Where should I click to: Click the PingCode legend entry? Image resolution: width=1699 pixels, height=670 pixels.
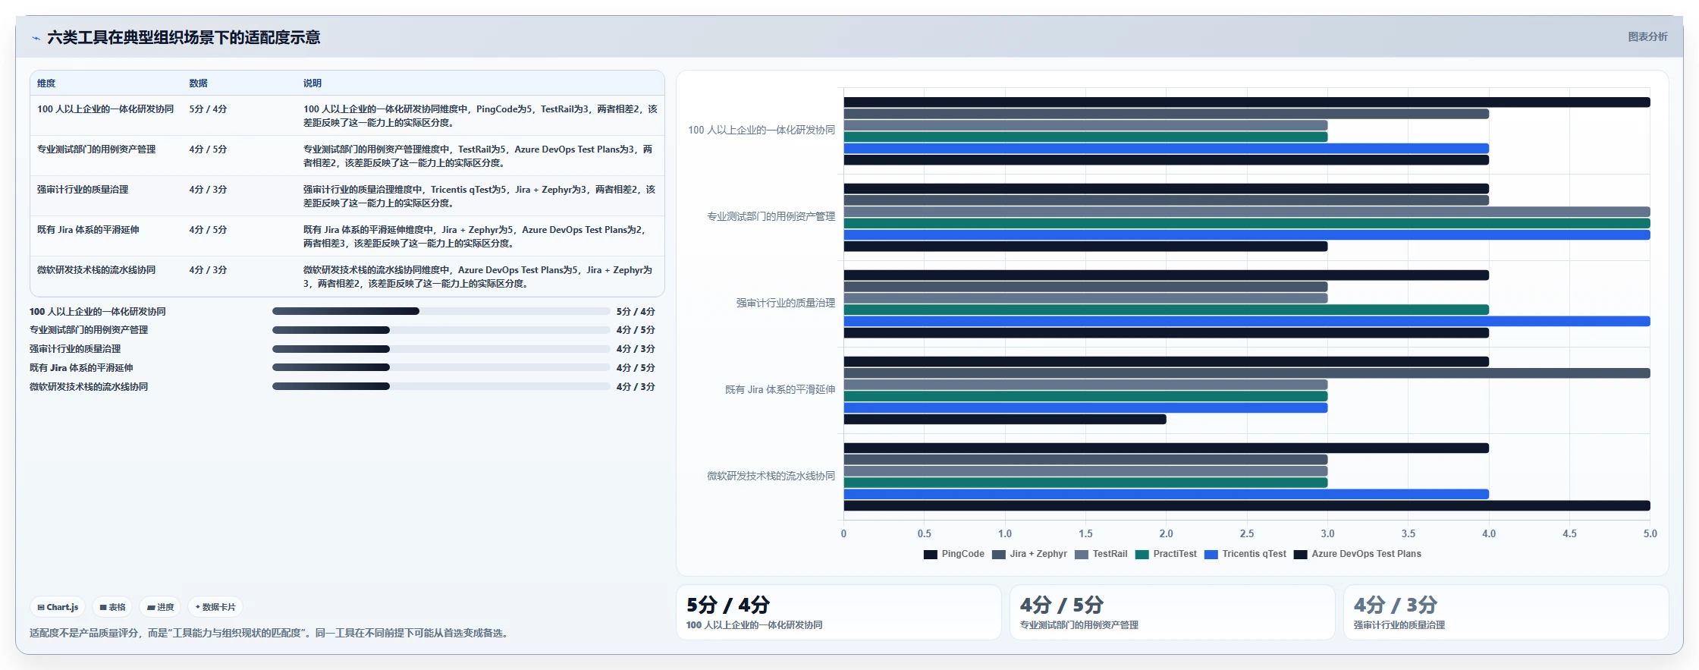(953, 554)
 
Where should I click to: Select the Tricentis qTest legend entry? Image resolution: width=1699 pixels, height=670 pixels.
(1245, 554)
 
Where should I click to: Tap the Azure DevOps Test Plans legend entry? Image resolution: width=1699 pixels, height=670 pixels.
(1357, 554)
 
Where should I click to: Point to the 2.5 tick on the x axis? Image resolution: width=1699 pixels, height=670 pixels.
(1247, 533)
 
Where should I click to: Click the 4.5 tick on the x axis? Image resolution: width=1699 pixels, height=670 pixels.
(1569, 533)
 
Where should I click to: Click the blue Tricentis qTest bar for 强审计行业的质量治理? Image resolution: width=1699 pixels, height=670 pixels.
(1247, 322)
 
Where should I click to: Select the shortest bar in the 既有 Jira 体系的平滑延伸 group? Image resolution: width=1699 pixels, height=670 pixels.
(1005, 420)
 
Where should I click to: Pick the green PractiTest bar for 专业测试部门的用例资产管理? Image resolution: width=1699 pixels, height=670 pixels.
(1247, 224)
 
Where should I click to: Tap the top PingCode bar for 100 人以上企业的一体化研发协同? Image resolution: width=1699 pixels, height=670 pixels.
(1247, 102)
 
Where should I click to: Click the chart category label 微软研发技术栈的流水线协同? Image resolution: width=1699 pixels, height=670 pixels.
(771, 476)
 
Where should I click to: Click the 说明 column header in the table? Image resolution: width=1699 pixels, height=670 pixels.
(312, 83)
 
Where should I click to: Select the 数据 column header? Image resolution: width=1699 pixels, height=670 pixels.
(199, 83)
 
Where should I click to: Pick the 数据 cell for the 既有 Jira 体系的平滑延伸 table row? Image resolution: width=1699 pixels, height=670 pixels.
(208, 230)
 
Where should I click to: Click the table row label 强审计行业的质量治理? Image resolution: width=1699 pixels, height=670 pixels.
(83, 190)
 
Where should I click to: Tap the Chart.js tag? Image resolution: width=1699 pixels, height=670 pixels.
(58, 607)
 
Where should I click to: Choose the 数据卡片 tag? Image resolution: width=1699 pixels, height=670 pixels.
(215, 607)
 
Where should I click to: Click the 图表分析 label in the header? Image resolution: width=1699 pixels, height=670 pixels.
(1647, 36)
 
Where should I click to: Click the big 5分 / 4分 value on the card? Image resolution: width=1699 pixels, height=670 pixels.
(728, 605)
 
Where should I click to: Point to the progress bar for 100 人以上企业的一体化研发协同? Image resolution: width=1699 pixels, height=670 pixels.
(441, 311)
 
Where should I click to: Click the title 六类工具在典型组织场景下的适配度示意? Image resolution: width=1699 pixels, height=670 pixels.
(184, 37)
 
